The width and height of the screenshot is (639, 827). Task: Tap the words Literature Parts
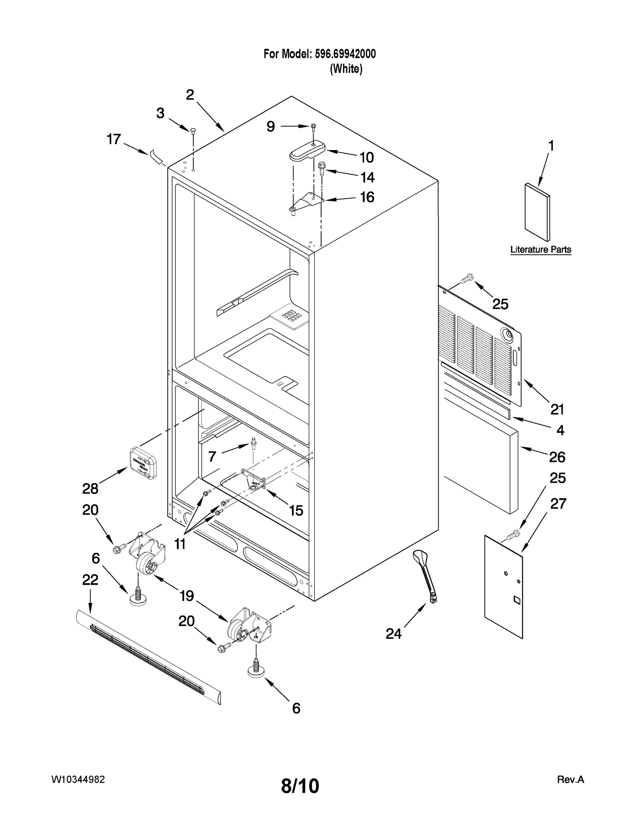(x=540, y=250)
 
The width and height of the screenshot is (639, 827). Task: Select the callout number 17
(x=114, y=139)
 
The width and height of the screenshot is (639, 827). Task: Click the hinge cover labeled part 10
(x=307, y=151)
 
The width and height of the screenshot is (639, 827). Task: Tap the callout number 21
(x=557, y=409)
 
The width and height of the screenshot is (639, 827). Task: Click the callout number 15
(x=296, y=510)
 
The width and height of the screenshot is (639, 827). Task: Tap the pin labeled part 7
(x=253, y=443)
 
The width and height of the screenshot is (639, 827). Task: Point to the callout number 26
(x=557, y=457)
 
